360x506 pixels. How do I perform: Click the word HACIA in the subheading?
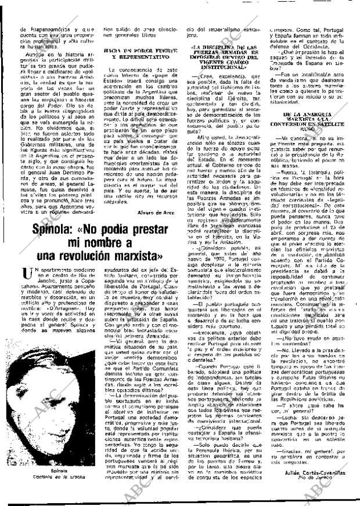113,52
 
